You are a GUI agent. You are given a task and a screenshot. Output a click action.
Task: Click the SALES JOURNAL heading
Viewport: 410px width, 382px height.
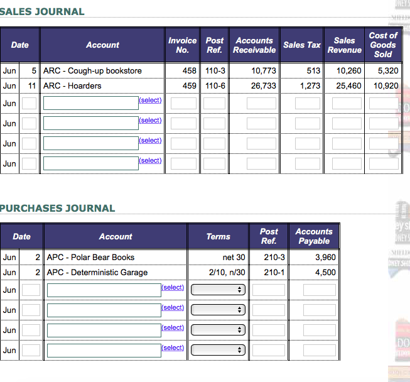[42, 11]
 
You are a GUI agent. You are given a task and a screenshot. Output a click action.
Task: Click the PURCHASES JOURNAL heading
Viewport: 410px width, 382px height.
[58, 208]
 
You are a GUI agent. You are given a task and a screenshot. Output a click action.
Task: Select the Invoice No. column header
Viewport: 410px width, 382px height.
[182, 45]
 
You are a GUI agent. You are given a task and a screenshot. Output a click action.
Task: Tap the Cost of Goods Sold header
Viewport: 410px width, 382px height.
[382, 45]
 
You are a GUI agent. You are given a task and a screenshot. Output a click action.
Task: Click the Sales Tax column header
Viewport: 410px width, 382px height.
[301, 45]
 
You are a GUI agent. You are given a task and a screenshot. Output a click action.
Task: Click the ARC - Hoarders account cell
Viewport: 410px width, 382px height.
[72, 85]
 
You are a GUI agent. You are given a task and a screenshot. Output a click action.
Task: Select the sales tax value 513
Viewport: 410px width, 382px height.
[314, 71]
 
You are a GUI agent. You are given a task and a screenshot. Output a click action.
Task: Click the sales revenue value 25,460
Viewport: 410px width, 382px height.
[349, 85]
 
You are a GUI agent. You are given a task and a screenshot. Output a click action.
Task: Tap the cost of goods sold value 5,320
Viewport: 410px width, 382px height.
[387, 71]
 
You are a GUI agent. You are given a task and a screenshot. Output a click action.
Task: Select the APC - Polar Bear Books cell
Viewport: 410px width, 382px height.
[90, 257]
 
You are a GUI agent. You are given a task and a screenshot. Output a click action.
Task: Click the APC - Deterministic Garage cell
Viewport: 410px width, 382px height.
[97, 272]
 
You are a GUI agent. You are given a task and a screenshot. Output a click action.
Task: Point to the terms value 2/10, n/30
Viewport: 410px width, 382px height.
[227, 272]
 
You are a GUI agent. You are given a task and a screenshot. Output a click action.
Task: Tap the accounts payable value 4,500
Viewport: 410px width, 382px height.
[325, 272]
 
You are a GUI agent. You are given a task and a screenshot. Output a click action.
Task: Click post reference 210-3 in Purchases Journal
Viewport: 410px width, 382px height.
[274, 257]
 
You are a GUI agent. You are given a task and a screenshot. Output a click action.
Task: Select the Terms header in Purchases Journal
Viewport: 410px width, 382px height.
[218, 236]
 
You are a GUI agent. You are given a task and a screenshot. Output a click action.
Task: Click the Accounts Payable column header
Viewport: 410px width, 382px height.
[314, 236]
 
